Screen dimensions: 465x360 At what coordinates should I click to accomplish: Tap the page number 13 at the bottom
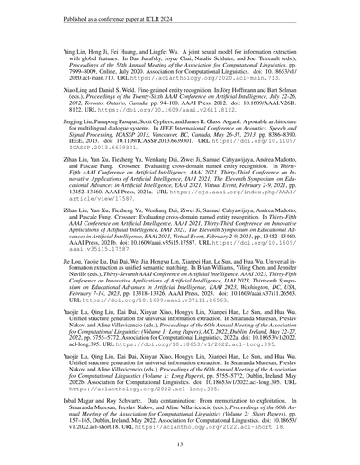pos(180,442)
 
